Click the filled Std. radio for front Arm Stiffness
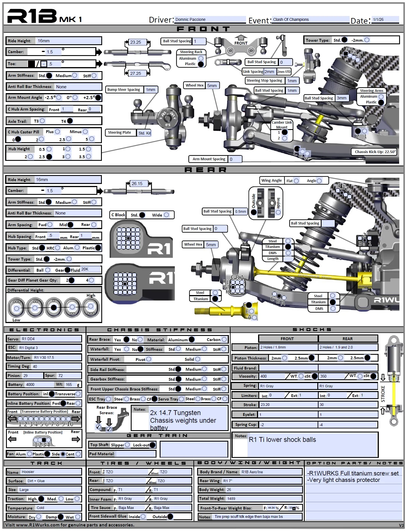coord(49,76)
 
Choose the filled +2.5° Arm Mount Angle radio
coord(98,98)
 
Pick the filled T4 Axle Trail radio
coord(70,121)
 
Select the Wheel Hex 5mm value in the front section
coord(212,85)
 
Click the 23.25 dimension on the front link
coord(136,42)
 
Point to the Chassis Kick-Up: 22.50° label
coord(375,152)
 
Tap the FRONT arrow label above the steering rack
coord(241,43)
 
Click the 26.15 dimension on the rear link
coord(137,184)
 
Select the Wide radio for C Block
coord(167,215)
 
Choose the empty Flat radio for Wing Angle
coord(296,181)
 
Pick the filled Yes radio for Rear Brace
coord(126,339)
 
